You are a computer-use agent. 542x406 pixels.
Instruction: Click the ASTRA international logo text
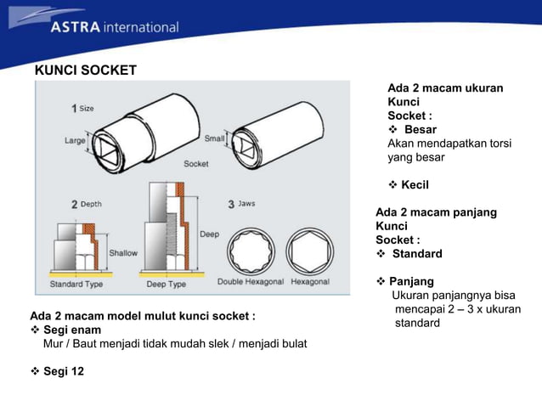click(x=114, y=26)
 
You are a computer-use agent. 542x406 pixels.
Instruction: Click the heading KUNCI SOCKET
click(x=85, y=70)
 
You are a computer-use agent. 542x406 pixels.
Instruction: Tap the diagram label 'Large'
click(x=75, y=141)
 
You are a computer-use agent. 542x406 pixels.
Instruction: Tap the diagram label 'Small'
click(x=214, y=138)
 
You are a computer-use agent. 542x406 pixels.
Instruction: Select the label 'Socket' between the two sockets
click(x=196, y=163)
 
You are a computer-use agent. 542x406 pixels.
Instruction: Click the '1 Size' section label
click(x=82, y=108)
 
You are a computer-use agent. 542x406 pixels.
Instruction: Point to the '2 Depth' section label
click(x=86, y=204)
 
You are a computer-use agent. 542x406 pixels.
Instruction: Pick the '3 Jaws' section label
click(x=241, y=204)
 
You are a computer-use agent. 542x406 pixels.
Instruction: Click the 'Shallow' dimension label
click(x=122, y=253)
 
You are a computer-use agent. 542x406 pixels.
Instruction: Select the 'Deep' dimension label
click(x=209, y=234)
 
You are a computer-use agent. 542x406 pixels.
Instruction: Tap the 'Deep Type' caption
click(x=167, y=284)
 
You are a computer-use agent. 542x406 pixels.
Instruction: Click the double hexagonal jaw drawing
click(x=251, y=251)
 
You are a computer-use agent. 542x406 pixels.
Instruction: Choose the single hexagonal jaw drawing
click(x=311, y=251)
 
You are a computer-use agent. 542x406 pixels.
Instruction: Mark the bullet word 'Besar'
click(x=420, y=130)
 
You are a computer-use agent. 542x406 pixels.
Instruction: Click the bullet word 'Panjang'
click(x=411, y=281)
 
